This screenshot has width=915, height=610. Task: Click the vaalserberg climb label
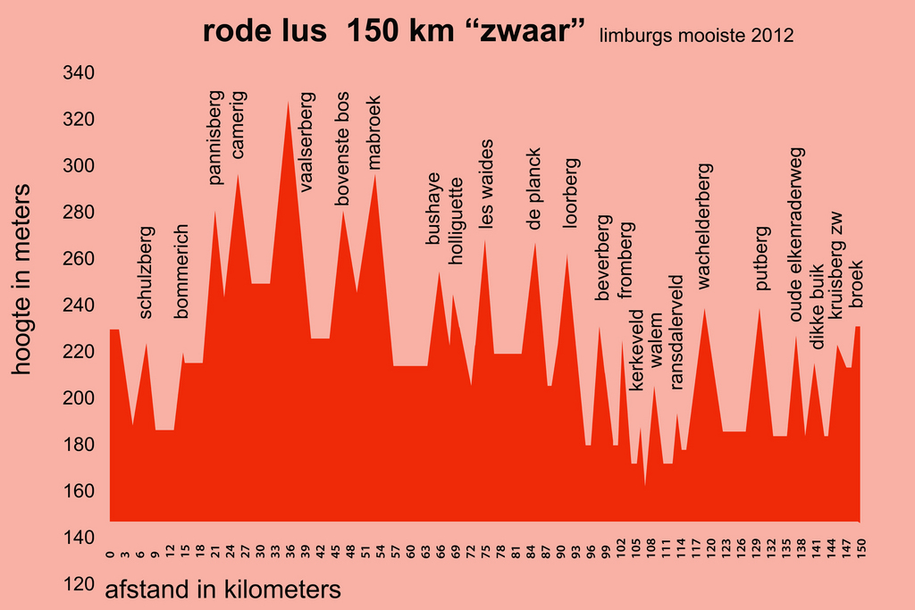(x=307, y=143)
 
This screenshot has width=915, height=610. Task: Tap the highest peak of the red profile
(x=288, y=104)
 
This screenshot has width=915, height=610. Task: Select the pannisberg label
(x=215, y=137)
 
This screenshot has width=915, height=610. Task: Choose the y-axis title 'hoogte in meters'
(x=23, y=280)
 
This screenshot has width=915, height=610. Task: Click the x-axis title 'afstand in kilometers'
(x=223, y=590)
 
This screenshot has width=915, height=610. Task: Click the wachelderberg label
(x=705, y=226)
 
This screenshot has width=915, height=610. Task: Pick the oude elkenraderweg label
(x=797, y=234)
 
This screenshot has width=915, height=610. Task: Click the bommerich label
(x=183, y=271)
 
